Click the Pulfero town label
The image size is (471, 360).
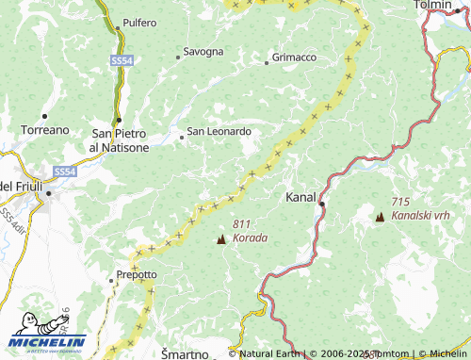[x=139, y=22]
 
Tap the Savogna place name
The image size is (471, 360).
[x=203, y=51]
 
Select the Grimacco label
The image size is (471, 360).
[x=294, y=57]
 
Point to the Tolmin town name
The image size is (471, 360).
[x=434, y=6]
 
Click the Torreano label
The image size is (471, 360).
[x=45, y=129]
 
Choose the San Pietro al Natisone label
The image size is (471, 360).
[x=119, y=140]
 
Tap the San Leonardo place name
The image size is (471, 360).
[x=219, y=132]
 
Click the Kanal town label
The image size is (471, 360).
[x=300, y=198]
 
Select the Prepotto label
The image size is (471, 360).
[x=137, y=274]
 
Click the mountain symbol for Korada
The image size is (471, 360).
[x=220, y=239]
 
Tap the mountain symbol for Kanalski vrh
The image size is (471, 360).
[x=380, y=217]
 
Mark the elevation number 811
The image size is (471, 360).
[x=240, y=224]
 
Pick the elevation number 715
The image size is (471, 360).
[x=400, y=203]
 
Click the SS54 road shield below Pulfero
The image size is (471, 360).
[x=121, y=59]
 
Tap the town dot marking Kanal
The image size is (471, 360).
[x=321, y=203]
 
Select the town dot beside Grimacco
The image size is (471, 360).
[x=268, y=58]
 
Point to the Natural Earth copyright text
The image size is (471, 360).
[x=268, y=354]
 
